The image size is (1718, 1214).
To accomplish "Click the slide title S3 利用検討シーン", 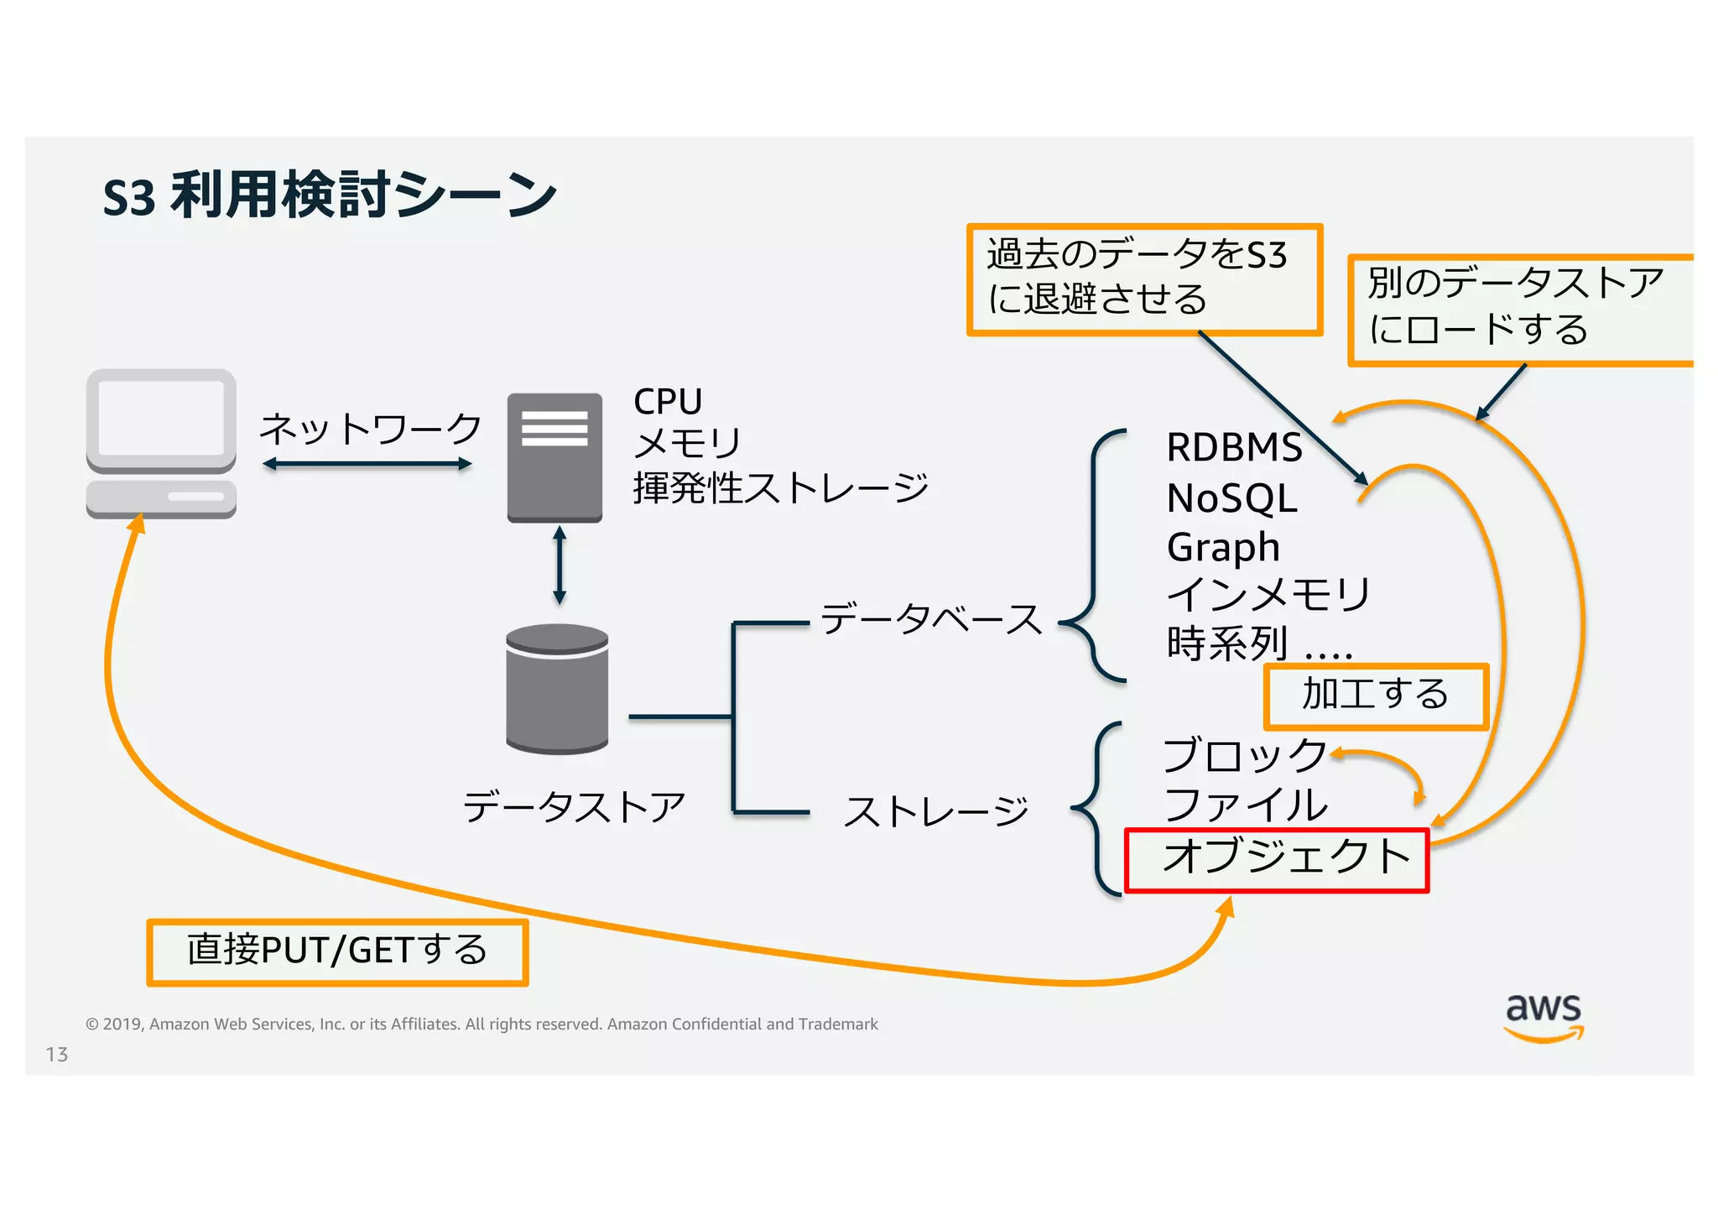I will pos(330,196).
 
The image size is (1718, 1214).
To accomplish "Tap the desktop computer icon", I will pos(161,443).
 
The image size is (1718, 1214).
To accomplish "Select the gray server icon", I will pos(554,457).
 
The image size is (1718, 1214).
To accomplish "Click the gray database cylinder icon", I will pos(557,688).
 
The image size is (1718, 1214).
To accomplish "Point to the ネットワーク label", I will pos(370,429).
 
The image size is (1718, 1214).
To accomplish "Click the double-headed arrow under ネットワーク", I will pos(367,464).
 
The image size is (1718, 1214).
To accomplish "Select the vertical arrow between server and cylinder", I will pos(560,565).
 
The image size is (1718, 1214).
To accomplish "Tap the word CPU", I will pos(668,401).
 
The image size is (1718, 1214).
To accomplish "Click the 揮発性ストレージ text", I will pos(780,487).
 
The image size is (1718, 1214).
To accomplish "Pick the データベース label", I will pos(931,618).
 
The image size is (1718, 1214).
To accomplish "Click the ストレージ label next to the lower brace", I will pos(935,811).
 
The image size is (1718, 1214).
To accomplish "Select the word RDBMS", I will pos(1234,447).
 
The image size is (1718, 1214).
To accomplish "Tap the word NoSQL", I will pos(1231,498).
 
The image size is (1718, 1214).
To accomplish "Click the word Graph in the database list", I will pos(1223,548).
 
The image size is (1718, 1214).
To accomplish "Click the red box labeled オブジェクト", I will pos(1276,860).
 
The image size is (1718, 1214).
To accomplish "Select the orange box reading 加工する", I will pos(1376,696).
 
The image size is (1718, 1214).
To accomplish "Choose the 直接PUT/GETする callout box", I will pos(337,951).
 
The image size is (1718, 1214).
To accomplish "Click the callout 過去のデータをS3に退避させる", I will pos(1144,279).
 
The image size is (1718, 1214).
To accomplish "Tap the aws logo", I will pos(1543,1016).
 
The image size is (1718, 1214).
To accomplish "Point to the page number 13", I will pos(57,1055).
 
